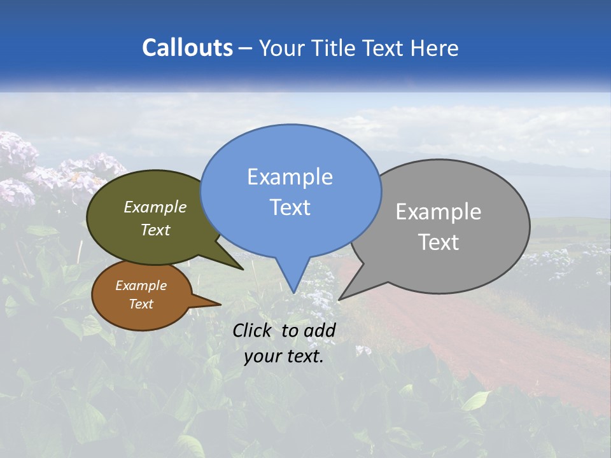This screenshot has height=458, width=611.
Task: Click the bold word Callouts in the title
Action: point(187,48)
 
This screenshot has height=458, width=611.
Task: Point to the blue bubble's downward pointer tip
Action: point(293,293)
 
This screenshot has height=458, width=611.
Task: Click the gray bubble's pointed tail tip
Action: point(339,299)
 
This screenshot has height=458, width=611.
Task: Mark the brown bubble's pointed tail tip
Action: point(220,304)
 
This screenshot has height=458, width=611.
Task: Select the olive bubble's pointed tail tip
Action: point(242,269)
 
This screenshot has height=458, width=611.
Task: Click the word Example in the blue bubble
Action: point(290,177)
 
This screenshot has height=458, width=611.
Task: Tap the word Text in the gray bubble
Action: point(439,242)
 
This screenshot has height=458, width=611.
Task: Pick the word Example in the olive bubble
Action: point(155,207)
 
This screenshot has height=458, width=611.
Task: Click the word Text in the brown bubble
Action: point(141,304)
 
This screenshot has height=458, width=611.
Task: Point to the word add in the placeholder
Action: point(320,330)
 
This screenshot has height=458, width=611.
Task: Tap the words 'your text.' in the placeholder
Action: point(284,356)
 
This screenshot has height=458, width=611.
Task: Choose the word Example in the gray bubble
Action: point(439,212)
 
